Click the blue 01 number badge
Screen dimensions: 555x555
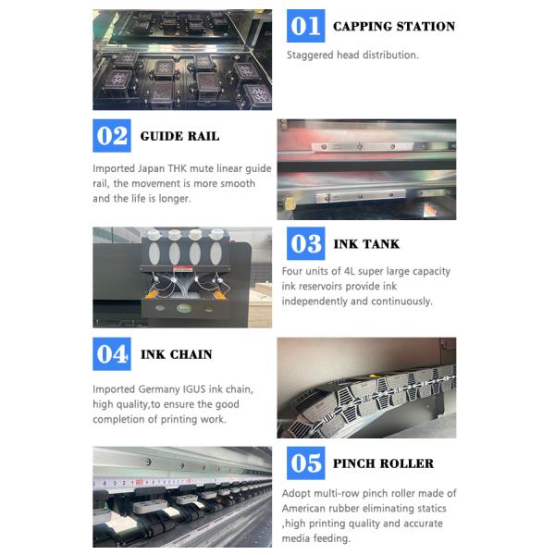pos(306,26)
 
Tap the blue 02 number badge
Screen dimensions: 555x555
pos(112,136)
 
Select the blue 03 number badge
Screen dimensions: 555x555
pos(306,243)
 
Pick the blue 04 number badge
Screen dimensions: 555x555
pos(112,354)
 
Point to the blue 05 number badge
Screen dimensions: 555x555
pos(306,463)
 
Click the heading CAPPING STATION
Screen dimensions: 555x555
pos(394,26)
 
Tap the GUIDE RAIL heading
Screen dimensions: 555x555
pos(179,136)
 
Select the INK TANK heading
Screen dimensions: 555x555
pos(366,244)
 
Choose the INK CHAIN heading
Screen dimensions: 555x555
pos(177,354)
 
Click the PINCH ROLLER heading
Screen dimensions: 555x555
pos(383,463)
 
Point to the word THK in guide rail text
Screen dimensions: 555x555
pos(178,168)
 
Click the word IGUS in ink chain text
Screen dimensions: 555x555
pos(194,389)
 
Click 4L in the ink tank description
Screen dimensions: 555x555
pos(350,271)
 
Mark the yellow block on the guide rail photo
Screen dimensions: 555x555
pos(290,203)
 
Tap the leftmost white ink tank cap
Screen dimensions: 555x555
pos(154,234)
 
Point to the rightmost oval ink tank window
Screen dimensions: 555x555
pos(216,253)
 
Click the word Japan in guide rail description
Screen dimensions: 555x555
pos(151,169)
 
